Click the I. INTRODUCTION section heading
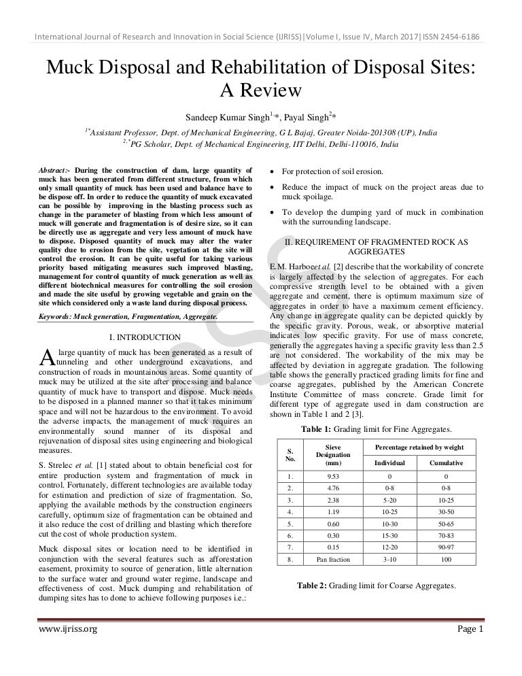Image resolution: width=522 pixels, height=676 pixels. pyautogui.click(x=144, y=337)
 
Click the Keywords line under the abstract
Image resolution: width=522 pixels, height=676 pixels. pyautogui.click(x=128, y=317)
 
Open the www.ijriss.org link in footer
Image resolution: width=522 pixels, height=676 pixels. pyautogui.click(x=66, y=629)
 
